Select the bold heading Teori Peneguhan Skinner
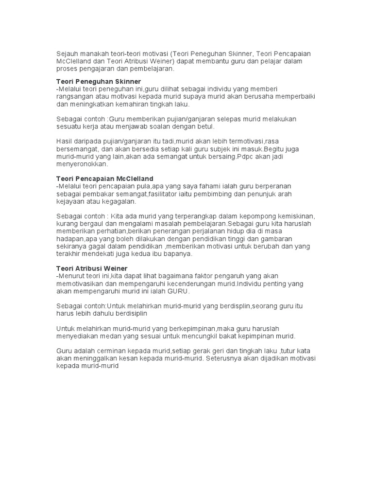tap(99, 81)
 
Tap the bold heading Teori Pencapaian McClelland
tap(105, 179)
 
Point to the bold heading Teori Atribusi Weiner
tap(92, 268)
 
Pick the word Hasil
tap(66, 141)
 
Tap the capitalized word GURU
tap(177, 291)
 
